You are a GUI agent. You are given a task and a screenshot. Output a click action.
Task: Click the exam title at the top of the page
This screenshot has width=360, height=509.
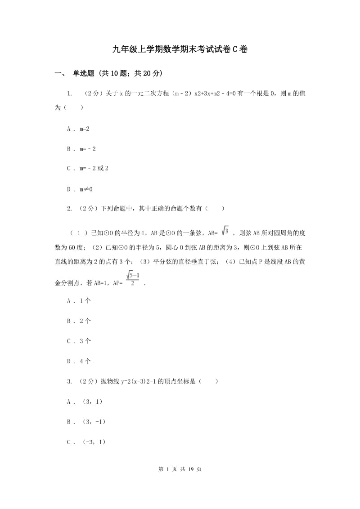pyautogui.click(x=180, y=50)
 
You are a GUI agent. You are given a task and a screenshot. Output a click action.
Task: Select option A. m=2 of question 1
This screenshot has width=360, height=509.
pyautogui.click(x=78, y=129)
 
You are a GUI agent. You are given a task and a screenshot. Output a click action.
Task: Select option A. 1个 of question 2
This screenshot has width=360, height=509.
pyautogui.click(x=79, y=301)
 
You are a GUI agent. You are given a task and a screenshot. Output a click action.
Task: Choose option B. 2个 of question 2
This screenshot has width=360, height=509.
pyautogui.click(x=79, y=321)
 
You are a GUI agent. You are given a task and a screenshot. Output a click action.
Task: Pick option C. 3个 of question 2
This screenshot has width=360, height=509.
pyautogui.click(x=79, y=341)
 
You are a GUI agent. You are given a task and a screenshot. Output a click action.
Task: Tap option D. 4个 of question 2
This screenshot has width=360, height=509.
pyautogui.click(x=79, y=361)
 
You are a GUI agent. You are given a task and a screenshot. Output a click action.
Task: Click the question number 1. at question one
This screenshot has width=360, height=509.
pyautogui.click(x=70, y=94)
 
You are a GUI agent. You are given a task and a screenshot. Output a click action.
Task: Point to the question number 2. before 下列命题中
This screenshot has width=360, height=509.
pyautogui.click(x=70, y=209)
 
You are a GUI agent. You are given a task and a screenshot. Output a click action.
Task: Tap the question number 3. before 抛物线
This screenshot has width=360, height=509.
pyautogui.click(x=70, y=381)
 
